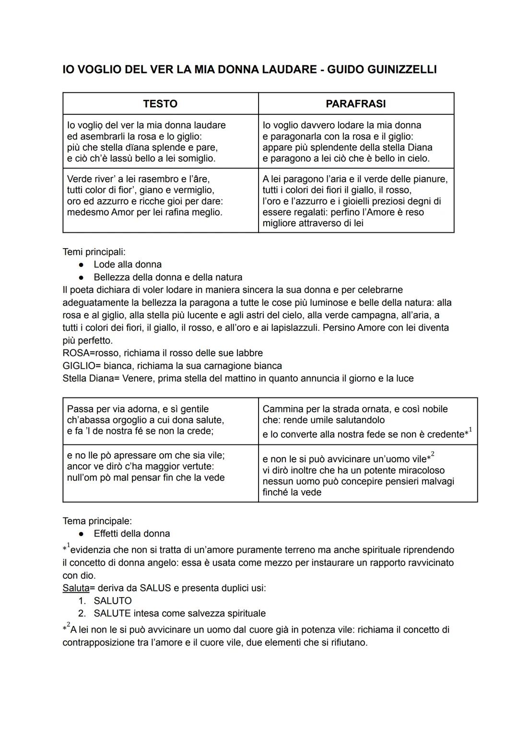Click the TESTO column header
(160, 104)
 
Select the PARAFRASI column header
(355, 104)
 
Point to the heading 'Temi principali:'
(94, 252)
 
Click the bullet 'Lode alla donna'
(128, 264)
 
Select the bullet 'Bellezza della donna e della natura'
(168, 277)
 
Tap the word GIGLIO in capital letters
(78, 366)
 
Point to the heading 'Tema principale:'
(97, 521)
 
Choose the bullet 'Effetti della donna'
(132, 533)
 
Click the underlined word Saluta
(76, 588)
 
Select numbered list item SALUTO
(113, 600)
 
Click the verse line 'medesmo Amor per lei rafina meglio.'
(144, 212)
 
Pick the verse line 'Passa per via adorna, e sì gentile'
(138, 409)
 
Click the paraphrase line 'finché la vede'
(292, 492)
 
